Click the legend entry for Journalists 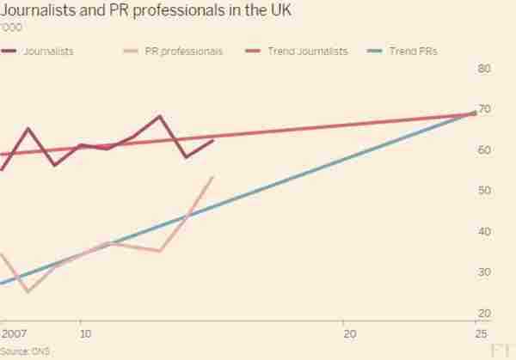tap(48, 52)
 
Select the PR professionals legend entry tap(183, 52)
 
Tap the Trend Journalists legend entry tap(306, 52)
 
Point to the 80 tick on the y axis tap(483, 68)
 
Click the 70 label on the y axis tap(483, 109)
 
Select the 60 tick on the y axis tap(483, 150)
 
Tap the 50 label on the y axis tap(483, 191)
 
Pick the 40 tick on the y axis tap(483, 232)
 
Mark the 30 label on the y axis tap(483, 272)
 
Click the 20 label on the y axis tap(483, 314)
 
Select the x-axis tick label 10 tap(83, 333)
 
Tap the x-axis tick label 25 tap(480, 333)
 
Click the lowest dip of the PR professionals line tap(28, 292)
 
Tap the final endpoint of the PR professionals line tap(212, 177)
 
